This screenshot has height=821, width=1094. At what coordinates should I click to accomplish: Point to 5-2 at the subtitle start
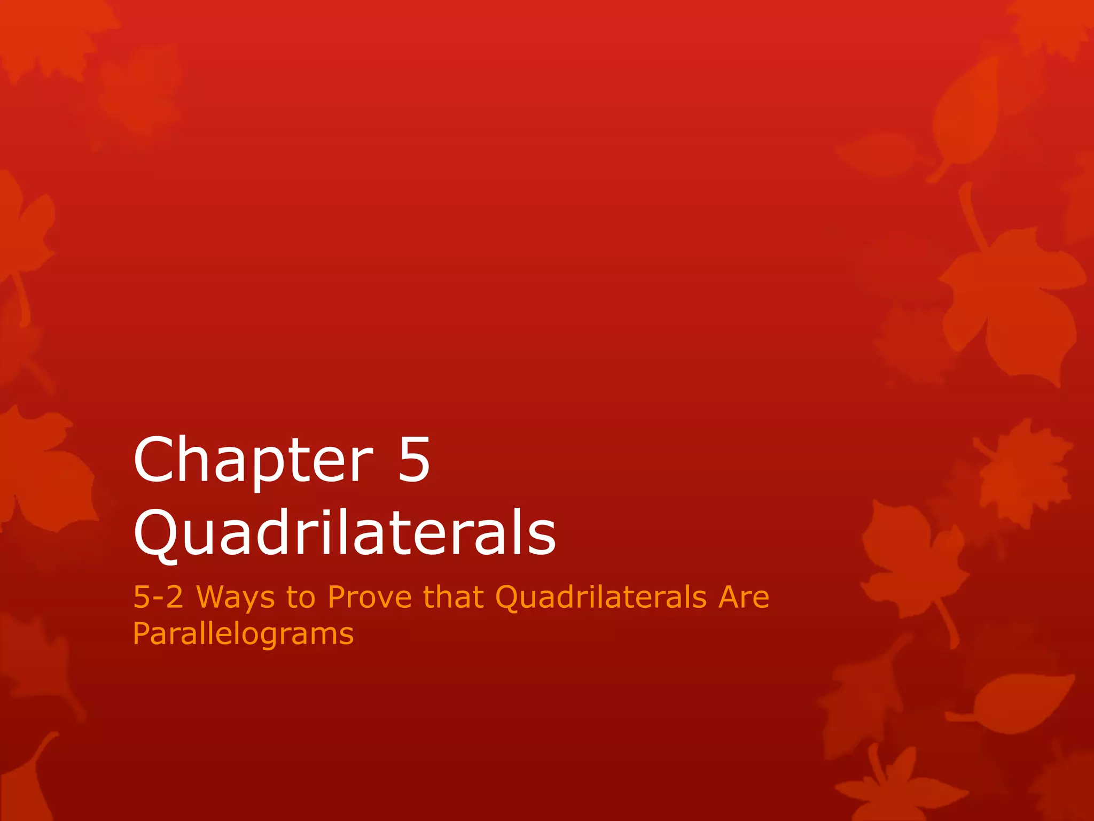[158, 597]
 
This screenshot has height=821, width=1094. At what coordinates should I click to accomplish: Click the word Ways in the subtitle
[236, 598]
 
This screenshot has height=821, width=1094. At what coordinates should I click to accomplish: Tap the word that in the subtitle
[454, 597]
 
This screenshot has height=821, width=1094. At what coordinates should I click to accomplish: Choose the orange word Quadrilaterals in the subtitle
[601, 598]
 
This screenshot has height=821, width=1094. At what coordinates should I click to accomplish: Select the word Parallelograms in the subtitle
[243, 635]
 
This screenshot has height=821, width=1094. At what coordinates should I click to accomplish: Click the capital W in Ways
[210, 597]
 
